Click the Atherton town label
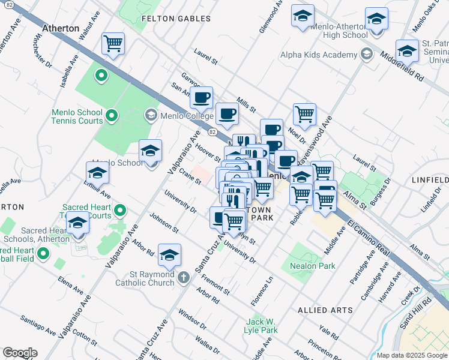coord(61,28)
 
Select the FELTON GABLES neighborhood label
coord(176,19)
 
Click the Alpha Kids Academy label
coord(319,55)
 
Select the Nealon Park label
coord(312,266)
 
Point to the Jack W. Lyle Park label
coord(261,326)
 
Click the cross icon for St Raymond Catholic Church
coord(184,277)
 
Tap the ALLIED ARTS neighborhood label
coord(325,310)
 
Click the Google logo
coord(20,353)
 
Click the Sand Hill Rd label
coord(427,312)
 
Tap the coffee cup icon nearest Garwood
coord(201,97)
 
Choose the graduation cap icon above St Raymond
coord(169,255)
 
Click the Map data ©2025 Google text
coord(411,355)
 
